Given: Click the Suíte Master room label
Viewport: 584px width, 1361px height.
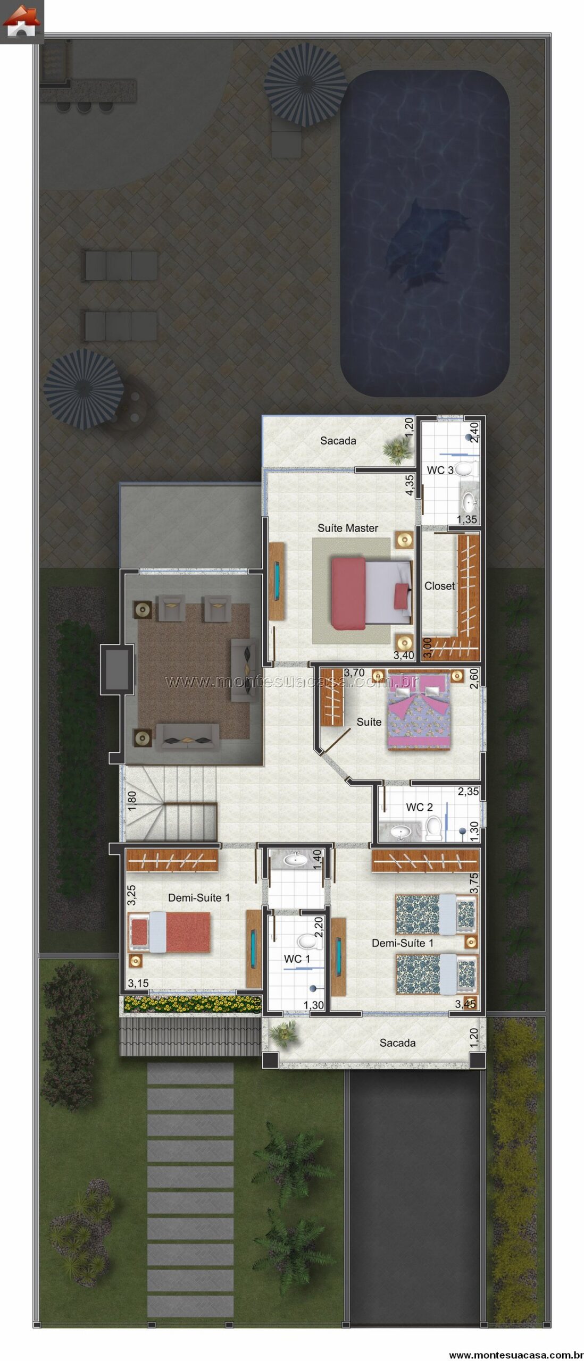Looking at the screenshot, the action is coord(348,528).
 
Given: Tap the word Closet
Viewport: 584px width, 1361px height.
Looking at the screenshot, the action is coord(440,586).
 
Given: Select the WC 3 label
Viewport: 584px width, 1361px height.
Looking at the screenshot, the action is coord(440,470).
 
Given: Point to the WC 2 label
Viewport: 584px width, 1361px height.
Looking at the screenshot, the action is coord(419,807).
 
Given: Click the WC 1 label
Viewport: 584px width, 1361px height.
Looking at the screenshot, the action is coord(297,959).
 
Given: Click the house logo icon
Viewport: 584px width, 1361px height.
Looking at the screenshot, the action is coord(21,21).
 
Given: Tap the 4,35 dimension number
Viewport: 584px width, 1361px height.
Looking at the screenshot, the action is coord(409,485).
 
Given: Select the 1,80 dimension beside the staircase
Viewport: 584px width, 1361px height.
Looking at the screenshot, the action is coord(132,801).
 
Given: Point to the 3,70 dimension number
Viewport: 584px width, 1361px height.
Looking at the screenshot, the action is coord(354,673).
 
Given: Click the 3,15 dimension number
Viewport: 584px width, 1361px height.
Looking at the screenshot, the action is coord(138,983).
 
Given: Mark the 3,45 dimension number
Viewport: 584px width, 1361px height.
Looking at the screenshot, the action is coord(465,1004).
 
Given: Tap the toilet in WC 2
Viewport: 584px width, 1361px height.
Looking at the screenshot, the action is coord(434,828).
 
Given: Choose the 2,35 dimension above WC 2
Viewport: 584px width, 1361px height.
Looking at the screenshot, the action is coord(469,792).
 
